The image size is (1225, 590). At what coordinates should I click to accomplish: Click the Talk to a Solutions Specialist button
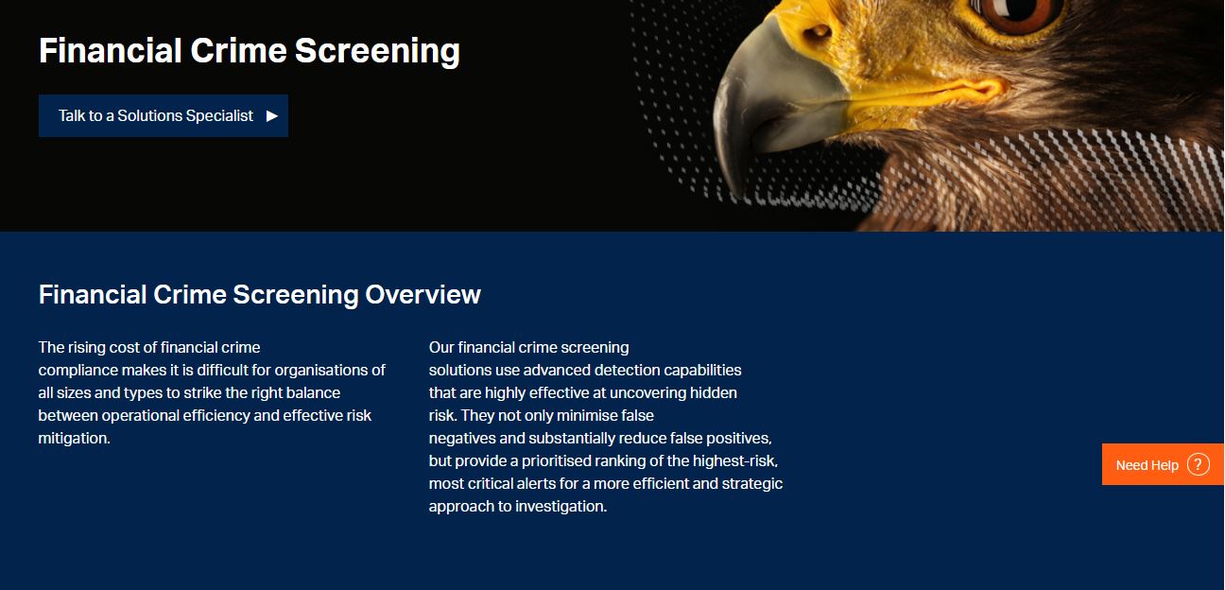point(163,115)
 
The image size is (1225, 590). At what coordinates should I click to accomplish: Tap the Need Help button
point(1163,464)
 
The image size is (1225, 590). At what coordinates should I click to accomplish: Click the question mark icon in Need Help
point(1198,465)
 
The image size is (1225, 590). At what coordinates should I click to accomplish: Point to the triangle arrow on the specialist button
point(272,116)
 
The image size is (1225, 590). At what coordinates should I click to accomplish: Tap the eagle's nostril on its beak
point(818,33)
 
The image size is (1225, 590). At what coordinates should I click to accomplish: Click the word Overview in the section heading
point(423,294)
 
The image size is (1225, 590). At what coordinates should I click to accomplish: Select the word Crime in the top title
point(238,51)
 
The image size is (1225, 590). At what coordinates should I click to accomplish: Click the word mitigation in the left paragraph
point(73,438)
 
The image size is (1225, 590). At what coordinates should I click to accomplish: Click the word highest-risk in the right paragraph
point(733,461)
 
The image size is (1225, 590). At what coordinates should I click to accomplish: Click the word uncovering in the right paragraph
point(647,392)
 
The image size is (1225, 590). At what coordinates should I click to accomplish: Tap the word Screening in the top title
point(377,51)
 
